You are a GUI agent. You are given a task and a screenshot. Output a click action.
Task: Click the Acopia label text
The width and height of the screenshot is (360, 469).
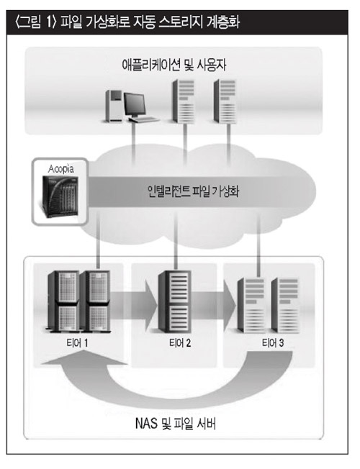click(x=61, y=169)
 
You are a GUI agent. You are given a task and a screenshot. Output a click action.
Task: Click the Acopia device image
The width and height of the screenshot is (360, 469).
click(x=60, y=197)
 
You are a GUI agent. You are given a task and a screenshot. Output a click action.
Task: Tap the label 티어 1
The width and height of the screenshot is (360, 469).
click(x=77, y=343)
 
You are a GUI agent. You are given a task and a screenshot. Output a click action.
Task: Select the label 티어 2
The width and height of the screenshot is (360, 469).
click(x=180, y=343)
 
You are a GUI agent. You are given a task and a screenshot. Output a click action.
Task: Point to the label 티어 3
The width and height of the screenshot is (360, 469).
click(x=273, y=343)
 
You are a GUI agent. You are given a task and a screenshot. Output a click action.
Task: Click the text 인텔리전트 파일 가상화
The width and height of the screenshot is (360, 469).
click(x=194, y=191)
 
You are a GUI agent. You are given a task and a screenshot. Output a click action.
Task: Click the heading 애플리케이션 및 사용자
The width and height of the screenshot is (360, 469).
click(x=174, y=65)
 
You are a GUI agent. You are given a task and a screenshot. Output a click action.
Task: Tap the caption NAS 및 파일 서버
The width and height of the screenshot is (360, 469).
click(x=176, y=424)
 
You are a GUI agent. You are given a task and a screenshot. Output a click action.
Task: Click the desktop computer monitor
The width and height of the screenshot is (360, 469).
click(x=135, y=105)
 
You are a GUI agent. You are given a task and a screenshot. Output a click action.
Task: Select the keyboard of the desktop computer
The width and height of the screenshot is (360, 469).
click(x=144, y=119)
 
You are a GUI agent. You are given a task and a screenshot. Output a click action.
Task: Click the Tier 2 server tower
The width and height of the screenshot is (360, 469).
click(x=175, y=301)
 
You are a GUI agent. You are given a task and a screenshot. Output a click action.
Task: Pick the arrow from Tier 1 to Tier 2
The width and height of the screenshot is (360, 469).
click(x=134, y=305)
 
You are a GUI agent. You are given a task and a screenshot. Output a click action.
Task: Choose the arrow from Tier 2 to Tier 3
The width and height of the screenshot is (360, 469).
click(x=214, y=305)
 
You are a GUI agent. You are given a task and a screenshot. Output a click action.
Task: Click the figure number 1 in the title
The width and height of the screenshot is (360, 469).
click(x=50, y=23)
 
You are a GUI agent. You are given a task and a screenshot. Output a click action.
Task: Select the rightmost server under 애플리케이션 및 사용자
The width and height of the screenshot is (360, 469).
click(x=225, y=101)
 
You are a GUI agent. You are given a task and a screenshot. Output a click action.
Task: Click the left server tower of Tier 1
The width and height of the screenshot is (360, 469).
click(x=63, y=301)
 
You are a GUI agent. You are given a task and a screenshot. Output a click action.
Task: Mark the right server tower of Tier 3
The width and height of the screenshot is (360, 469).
click(x=285, y=305)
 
